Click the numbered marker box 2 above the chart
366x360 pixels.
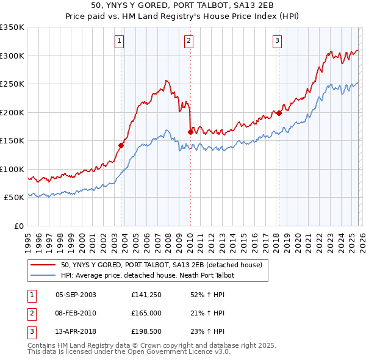pyautogui.click(x=189, y=41)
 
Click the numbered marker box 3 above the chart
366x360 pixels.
pyautogui.click(x=277, y=41)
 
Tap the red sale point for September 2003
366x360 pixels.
pyautogui.click(x=121, y=145)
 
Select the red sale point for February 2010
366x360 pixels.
pyautogui.click(x=190, y=132)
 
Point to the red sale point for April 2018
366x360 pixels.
pyautogui.click(x=279, y=113)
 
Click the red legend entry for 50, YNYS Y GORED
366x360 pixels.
pyautogui.click(x=161, y=265)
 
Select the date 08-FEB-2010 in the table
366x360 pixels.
pyautogui.click(x=76, y=313)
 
